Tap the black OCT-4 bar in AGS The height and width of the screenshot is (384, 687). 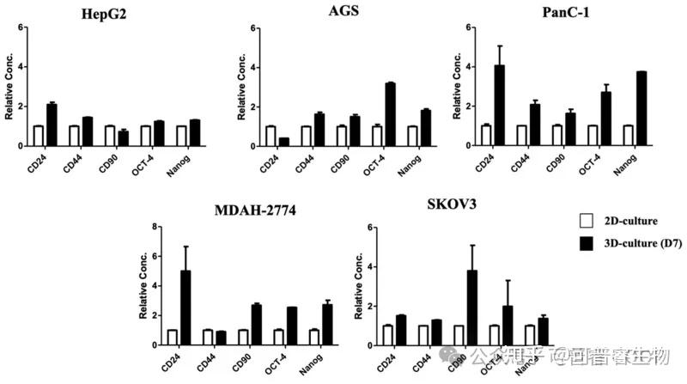[390, 114]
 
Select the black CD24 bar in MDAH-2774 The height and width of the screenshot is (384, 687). [185, 308]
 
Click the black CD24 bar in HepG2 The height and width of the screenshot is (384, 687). [52, 125]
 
